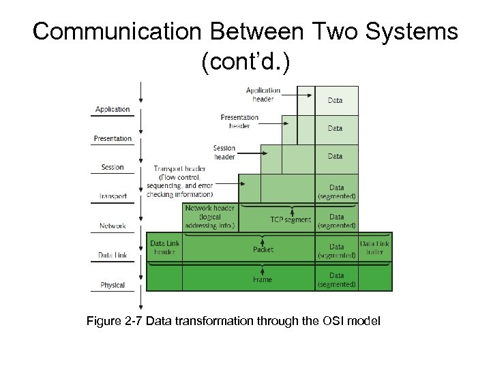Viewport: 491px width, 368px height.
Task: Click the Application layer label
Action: click(x=113, y=109)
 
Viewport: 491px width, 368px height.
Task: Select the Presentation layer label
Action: click(x=113, y=138)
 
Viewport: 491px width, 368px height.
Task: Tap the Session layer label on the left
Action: click(x=113, y=168)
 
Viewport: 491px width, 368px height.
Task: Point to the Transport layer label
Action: click(x=113, y=197)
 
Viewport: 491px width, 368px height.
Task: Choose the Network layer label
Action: click(x=113, y=226)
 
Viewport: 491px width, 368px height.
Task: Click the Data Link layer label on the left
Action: click(x=113, y=256)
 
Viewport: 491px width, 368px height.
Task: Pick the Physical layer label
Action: click(x=113, y=285)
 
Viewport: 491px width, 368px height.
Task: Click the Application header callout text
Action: click(x=263, y=94)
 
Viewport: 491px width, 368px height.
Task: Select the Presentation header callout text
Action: click(x=239, y=121)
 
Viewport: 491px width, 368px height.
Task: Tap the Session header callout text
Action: click(x=224, y=152)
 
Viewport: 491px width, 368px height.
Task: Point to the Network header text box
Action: click(x=210, y=216)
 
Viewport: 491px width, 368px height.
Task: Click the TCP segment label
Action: click(x=291, y=219)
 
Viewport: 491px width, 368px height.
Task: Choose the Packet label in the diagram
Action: click(x=263, y=249)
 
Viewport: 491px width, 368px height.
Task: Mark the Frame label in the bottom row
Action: click(x=262, y=279)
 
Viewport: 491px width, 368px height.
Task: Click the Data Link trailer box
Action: click(x=374, y=247)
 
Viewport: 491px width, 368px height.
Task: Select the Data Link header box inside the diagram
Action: click(x=164, y=247)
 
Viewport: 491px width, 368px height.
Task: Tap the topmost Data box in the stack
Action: click(x=336, y=100)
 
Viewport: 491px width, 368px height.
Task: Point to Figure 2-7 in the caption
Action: click(x=114, y=320)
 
